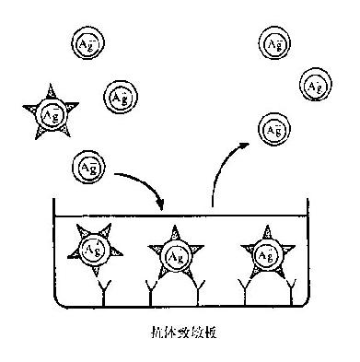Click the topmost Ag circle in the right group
pos(273,42)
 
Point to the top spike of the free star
pos(47,90)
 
